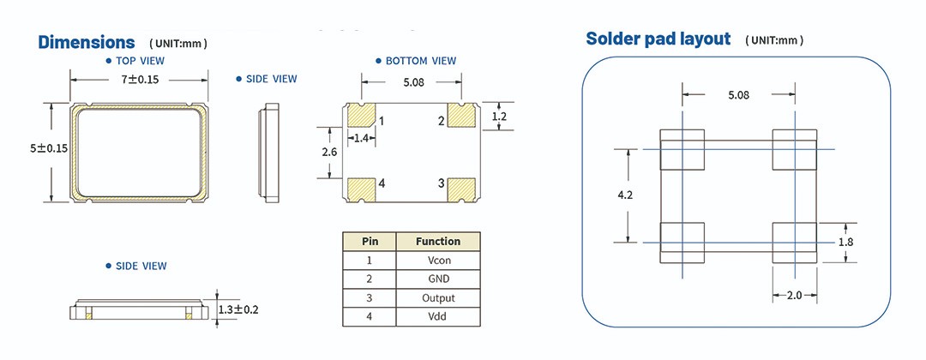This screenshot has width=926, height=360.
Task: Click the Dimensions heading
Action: pos(87,42)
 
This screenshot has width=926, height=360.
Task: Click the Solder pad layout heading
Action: pos(658,39)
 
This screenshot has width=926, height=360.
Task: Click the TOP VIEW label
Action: pos(140,61)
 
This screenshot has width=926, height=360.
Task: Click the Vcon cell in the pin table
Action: pos(438,260)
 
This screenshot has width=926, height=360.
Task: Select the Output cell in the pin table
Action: pos(438,297)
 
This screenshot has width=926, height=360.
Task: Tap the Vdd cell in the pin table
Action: pos(438,316)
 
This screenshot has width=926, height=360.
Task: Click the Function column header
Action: pos(438,241)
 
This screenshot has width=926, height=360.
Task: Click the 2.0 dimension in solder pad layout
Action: pos(795,296)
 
